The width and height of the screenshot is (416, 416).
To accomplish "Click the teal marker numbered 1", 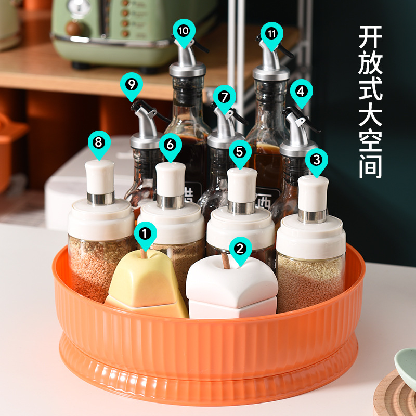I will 146,233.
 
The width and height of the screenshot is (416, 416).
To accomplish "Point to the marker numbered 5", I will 239,151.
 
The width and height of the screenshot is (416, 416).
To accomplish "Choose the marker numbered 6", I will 170,144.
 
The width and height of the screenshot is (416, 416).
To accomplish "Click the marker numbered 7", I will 224,97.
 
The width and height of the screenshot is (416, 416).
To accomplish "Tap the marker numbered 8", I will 99,141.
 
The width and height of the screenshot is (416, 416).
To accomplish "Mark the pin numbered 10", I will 184,30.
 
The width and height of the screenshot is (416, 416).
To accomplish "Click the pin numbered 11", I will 271,33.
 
